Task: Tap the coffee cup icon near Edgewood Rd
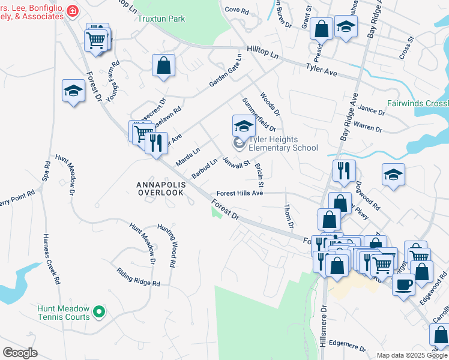[x=403, y=284]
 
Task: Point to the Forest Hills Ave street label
[x=240, y=193]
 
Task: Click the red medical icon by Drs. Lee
[x=73, y=11]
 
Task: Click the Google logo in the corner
[x=20, y=352]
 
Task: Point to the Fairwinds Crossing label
[x=417, y=103]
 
